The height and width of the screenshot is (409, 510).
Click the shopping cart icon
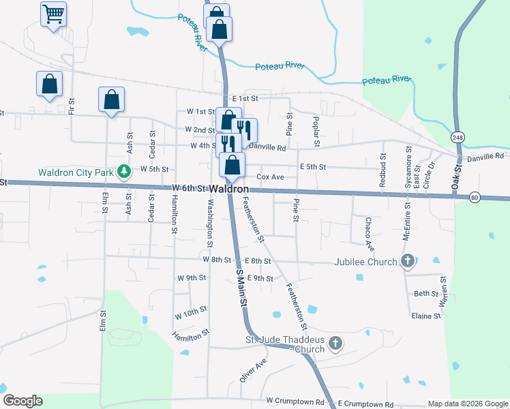tap(53, 13)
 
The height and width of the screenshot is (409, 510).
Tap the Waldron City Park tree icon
tap(124, 170)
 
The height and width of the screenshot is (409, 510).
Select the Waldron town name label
tap(228, 188)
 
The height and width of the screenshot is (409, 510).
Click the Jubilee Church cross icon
tap(408, 261)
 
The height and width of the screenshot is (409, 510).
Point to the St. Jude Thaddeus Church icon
tap(335, 344)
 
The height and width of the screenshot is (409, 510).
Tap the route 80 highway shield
tap(475, 198)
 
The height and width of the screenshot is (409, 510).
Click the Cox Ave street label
tap(270, 177)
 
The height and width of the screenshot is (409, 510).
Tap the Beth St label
tap(426, 294)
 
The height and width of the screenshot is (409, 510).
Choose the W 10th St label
tap(190, 313)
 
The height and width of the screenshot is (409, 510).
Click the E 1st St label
tap(245, 98)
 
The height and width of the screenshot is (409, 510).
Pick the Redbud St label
tap(383, 175)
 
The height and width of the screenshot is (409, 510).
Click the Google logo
tap(22, 401)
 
